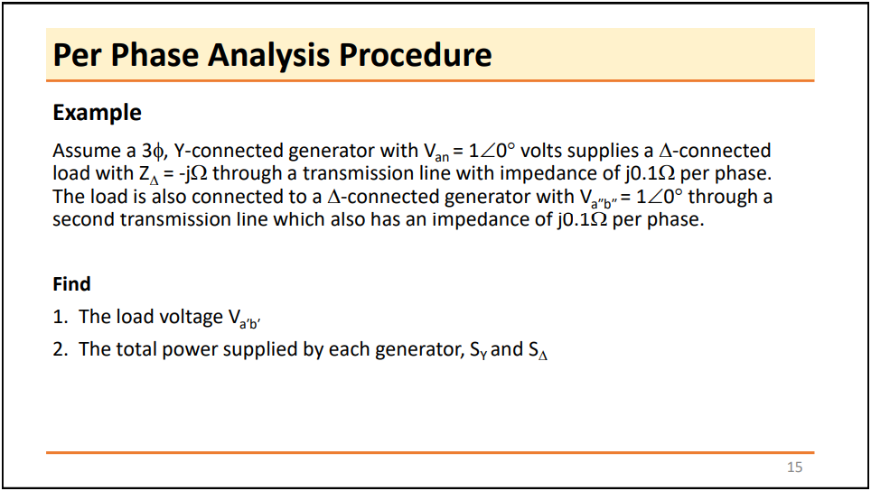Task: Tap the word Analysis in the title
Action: click(270, 56)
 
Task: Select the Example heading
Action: click(97, 113)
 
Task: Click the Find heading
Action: click(71, 284)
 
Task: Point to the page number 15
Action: click(794, 467)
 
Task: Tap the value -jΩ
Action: click(191, 173)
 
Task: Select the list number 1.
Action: click(60, 317)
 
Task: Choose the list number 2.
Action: click(60, 349)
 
